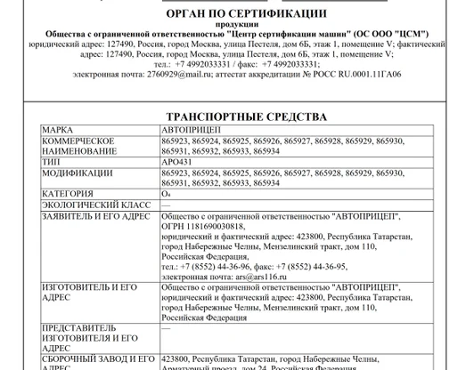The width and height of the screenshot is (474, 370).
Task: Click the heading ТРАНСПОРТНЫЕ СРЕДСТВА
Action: point(247,117)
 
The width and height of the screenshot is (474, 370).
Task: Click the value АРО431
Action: point(177,162)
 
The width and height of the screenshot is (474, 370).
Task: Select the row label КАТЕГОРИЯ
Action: point(68,193)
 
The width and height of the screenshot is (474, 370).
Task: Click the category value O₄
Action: point(166,193)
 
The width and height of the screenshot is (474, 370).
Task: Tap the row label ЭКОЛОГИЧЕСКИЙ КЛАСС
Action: point(88,204)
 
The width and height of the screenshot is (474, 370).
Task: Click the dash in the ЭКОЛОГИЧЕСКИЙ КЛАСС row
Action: point(166,204)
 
